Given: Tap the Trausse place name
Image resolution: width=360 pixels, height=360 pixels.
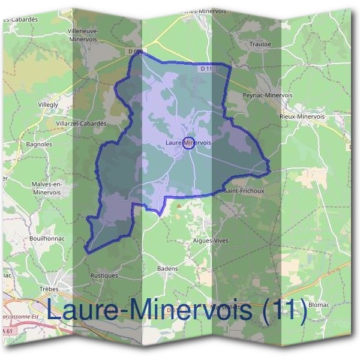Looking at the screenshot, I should [261, 44].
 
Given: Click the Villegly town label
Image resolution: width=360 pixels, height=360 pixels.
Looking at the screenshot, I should [47, 104].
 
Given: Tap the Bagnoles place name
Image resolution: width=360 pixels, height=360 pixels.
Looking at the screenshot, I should [40, 144].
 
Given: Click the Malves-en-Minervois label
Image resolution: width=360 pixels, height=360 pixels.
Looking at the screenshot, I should [49, 188].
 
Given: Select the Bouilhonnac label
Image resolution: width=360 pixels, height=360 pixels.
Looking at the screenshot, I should [46, 238].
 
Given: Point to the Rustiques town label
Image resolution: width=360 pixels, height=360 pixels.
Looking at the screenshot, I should [104, 275].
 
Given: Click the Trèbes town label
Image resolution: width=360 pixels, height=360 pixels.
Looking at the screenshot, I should [65, 289].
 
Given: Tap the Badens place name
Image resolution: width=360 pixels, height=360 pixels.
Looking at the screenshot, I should [167, 268].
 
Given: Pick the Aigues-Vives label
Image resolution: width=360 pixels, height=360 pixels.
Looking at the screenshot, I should [209, 240].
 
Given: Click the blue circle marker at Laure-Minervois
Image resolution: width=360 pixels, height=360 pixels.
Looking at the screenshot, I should [187, 143].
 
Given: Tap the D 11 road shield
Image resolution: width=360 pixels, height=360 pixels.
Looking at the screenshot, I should [206, 69].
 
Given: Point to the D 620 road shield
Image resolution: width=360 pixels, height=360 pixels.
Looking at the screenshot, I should [135, 52].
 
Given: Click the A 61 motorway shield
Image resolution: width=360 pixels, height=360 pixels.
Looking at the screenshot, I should [7, 331].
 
